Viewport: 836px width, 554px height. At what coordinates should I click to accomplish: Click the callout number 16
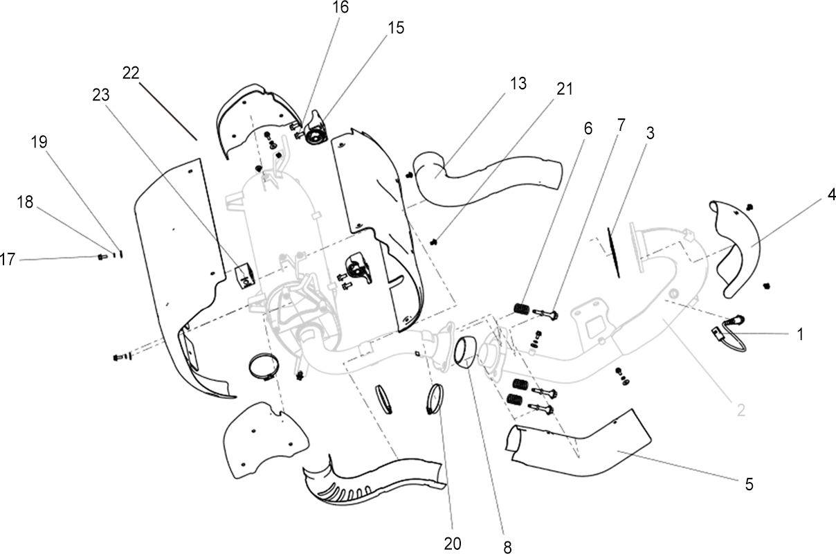[340, 8]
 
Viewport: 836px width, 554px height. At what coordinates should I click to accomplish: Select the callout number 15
[396, 28]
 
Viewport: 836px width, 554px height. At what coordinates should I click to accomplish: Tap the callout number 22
[131, 73]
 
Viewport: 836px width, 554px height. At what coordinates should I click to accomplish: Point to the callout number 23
[101, 96]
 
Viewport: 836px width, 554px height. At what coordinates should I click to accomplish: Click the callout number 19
[39, 142]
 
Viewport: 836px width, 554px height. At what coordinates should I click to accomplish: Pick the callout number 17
[8, 259]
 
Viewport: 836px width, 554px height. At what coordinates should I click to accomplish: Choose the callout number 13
[518, 84]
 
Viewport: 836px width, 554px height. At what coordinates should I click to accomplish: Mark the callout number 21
[564, 89]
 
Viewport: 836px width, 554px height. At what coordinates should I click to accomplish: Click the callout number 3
[650, 134]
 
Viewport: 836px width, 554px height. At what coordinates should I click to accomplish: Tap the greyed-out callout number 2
[740, 411]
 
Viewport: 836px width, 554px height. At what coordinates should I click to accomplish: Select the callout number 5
[749, 485]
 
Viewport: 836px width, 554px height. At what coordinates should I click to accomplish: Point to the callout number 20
[453, 544]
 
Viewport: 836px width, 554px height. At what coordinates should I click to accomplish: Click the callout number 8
[507, 548]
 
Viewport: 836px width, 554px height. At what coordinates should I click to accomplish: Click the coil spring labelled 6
[522, 309]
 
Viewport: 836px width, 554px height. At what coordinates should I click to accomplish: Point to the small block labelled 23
[245, 276]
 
